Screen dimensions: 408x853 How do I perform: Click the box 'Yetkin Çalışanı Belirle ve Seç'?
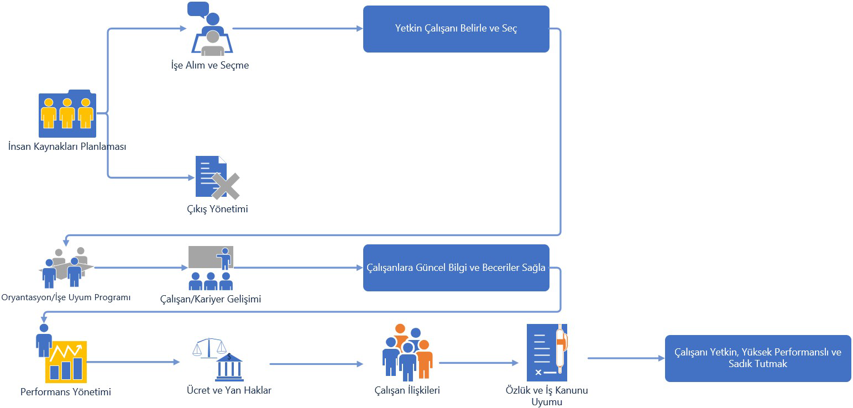456,29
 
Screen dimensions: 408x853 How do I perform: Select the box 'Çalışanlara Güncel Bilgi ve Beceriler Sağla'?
456,268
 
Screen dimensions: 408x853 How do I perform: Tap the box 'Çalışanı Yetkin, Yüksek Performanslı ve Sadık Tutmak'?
758,358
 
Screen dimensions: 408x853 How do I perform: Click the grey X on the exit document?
226,186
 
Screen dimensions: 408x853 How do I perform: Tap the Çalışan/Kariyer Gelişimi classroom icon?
211,268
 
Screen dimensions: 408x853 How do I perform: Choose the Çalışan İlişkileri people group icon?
407,352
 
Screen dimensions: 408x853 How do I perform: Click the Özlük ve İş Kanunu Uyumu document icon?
547,352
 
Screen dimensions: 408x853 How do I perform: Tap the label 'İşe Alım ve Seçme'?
210,65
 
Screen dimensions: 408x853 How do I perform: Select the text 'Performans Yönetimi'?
66,393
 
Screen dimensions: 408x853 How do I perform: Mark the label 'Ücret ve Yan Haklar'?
229,390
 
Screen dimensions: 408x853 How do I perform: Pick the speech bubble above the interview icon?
198,9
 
